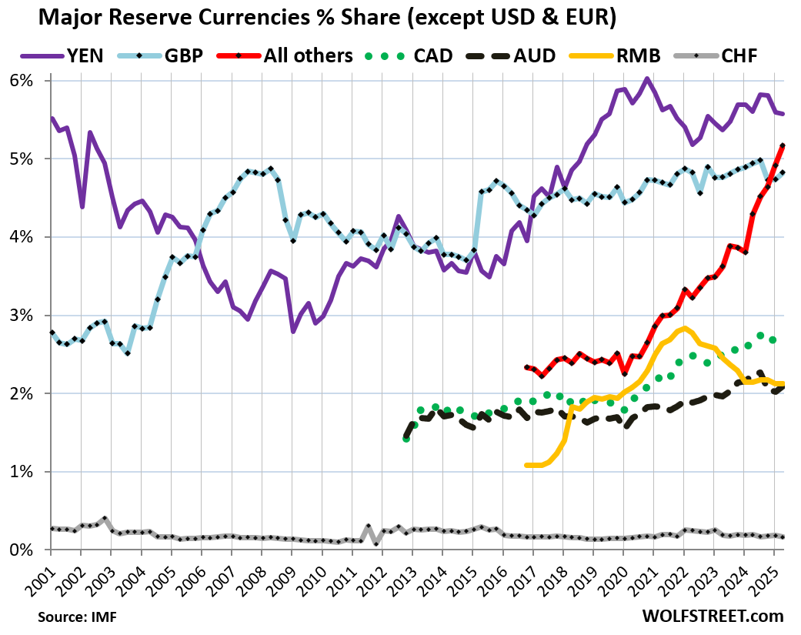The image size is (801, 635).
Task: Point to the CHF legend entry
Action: [743, 55]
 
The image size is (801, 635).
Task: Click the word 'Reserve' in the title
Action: [182, 18]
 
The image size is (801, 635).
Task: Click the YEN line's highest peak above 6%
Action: [647, 79]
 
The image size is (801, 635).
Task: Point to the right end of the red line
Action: [783, 145]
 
